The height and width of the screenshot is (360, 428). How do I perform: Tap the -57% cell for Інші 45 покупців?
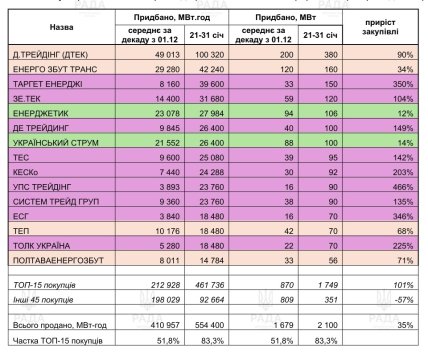click(x=379, y=300)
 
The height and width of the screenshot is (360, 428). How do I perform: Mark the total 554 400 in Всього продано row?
click(x=192, y=325)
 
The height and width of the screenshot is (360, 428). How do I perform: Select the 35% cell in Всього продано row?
click(x=381, y=325)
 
